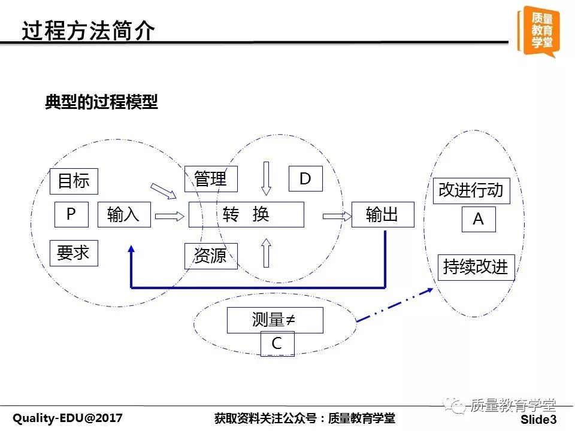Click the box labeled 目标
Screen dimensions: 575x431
click(x=74, y=181)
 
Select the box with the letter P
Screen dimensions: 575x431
click(x=71, y=214)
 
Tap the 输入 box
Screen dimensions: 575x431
click(x=124, y=214)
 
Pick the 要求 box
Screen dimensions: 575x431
click(x=74, y=253)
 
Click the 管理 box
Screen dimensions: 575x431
click(x=211, y=179)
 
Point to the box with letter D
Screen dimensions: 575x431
click(x=305, y=178)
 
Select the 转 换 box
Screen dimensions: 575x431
click(x=246, y=214)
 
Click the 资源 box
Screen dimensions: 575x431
click(x=211, y=256)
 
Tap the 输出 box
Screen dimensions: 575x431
click(x=383, y=214)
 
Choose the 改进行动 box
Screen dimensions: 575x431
click(x=471, y=190)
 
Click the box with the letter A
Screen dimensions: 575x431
click(x=479, y=219)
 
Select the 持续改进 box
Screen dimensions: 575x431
click(x=476, y=268)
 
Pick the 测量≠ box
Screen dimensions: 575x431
click(x=275, y=320)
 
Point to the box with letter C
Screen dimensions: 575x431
click(x=277, y=344)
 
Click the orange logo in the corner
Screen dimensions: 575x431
click(x=539, y=32)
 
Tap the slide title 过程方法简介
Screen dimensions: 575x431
click(x=88, y=30)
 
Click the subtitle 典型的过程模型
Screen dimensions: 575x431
click(x=101, y=102)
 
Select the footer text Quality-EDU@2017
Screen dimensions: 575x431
click(x=68, y=418)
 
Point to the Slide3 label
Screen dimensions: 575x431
click(x=538, y=419)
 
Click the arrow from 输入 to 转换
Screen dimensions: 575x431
click(x=170, y=216)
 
